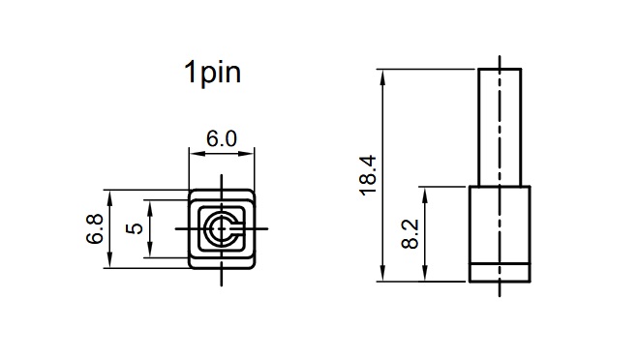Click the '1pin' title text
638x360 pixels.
click(212, 73)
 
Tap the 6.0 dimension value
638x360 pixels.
click(222, 138)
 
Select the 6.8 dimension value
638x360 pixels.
click(95, 229)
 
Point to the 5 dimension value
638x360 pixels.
click(135, 228)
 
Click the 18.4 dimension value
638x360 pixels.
click(368, 175)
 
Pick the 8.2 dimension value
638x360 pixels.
click(410, 234)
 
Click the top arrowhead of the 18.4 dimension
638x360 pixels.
click(382, 76)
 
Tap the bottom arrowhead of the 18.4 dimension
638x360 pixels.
click(382, 273)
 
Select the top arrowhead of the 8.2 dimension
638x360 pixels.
click(425, 195)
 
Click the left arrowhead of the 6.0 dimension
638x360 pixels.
click(197, 154)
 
